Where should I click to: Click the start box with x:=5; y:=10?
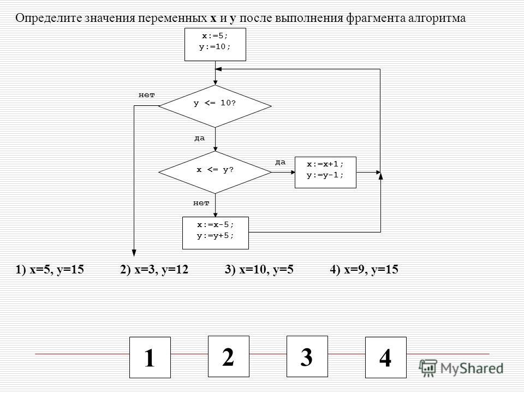coord(215,44)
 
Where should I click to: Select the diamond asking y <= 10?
coord(215,106)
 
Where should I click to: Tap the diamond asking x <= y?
coord(215,172)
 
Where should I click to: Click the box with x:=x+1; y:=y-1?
coord(325,172)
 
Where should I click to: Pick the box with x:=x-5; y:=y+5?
coord(216,233)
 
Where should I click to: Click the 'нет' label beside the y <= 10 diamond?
coord(147,95)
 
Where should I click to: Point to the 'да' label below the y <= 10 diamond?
coord(200,138)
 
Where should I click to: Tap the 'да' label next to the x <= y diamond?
coord(281,162)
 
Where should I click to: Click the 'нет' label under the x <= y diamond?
coord(201,203)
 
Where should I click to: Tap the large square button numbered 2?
coord(229,356)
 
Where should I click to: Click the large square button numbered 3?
coord(307,356)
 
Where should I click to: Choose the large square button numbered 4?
coord(386,357)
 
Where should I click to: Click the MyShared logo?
coord(461,368)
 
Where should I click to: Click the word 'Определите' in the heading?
coord(49,18)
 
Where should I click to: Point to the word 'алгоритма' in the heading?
coord(437,19)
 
